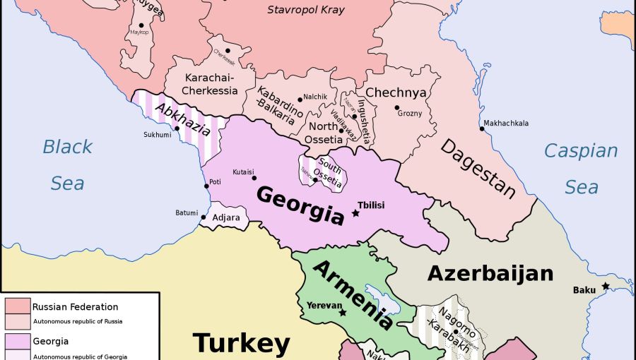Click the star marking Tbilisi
click(355, 213)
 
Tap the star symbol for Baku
click(606, 286)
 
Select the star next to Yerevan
click(343, 313)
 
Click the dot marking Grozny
click(397, 107)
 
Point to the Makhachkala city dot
click(481, 129)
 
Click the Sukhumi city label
click(158, 134)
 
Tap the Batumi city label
click(187, 212)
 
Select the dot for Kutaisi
click(254, 178)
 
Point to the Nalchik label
click(315, 97)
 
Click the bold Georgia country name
click(300, 205)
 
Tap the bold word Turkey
click(241, 343)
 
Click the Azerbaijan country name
click(490, 273)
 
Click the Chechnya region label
click(396, 92)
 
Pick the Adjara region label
click(226, 217)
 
